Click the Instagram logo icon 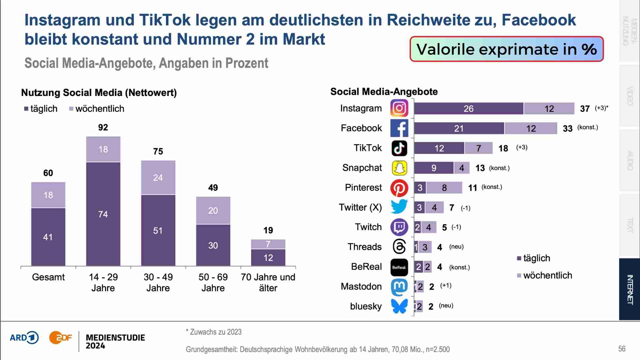click(x=399, y=108)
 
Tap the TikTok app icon click(x=399, y=148)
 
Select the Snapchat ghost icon click(x=399, y=168)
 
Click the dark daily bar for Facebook click(x=459, y=128)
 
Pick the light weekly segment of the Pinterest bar click(x=444, y=188)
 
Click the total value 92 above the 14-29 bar click(x=103, y=127)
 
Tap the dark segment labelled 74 click(x=103, y=214)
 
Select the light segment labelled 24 click(x=158, y=177)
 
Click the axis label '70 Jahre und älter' click(x=268, y=282)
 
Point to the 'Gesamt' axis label click(x=48, y=277)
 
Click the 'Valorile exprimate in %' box click(x=506, y=49)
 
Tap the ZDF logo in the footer click(x=60, y=338)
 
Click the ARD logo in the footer click(x=24, y=338)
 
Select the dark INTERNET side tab click(x=629, y=289)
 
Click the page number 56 click(x=622, y=349)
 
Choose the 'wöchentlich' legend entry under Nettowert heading click(x=97, y=109)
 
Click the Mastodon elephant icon click(x=399, y=287)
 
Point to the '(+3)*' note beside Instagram click(x=601, y=108)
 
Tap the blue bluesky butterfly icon click(x=399, y=306)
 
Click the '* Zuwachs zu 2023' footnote click(x=214, y=332)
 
